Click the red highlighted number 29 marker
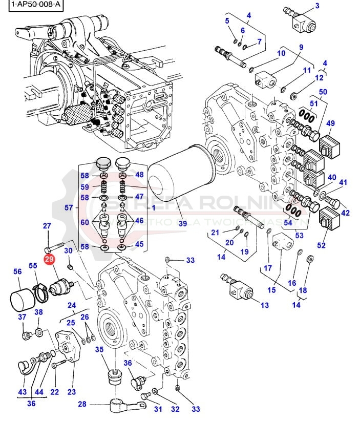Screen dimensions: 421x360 tap(49, 260)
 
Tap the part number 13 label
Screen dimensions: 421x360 tap(264, 306)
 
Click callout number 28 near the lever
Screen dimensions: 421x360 tap(82, 404)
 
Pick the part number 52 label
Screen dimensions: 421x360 tap(321, 245)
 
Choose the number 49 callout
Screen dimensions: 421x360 tap(330, 123)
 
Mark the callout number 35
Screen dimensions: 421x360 tap(99, 349)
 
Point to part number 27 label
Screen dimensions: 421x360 tap(47, 226)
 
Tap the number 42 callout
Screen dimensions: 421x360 tap(345, 214)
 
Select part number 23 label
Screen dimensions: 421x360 tap(72, 392)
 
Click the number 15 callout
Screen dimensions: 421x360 tap(271, 290)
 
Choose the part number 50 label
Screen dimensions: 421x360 tap(323, 92)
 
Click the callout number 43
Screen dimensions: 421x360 tap(22, 392)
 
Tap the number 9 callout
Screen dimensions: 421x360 tap(301, 47)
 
